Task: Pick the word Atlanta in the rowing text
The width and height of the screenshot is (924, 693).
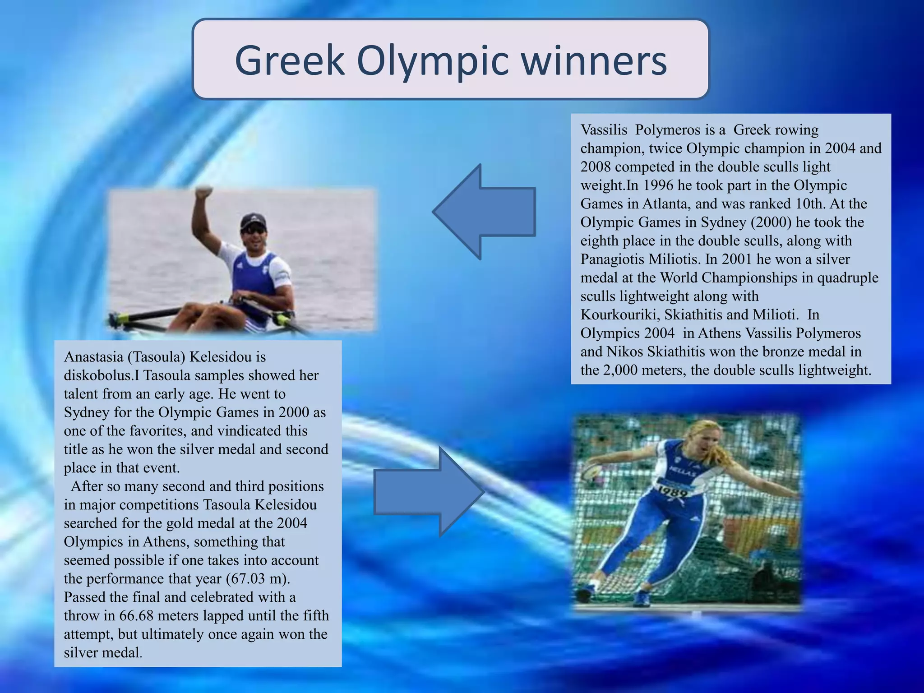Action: point(665,204)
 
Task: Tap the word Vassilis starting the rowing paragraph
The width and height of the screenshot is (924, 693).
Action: point(604,130)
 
